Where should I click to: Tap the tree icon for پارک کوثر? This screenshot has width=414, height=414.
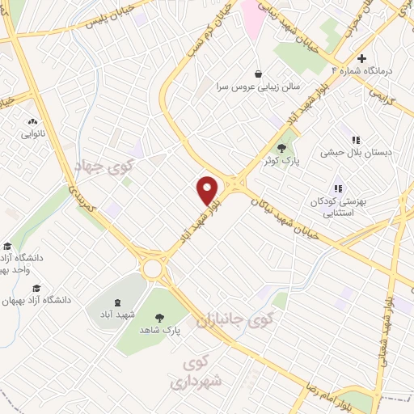tap(281, 148)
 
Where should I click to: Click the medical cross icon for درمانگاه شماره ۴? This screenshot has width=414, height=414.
tap(361, 58)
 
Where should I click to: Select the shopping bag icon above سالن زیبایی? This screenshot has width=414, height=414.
tap(257, 72)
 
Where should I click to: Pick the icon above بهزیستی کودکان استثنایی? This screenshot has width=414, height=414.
tap(338, 188)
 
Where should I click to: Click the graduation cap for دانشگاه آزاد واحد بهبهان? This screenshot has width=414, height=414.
tap(7, 247)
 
